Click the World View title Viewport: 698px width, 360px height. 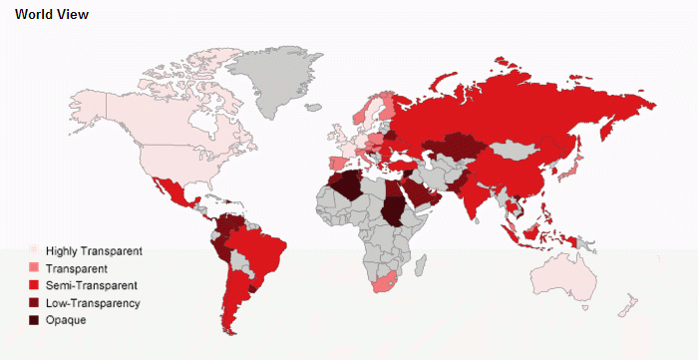(x=52, y=15)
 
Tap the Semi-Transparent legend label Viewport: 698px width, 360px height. (x=90, y=285)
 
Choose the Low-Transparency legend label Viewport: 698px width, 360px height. (x=93, y=302)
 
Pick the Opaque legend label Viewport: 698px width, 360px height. (x=67, y=320)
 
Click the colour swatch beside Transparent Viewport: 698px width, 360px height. (x=34, y=268)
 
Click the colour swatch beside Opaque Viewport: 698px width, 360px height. (x=34, y=320)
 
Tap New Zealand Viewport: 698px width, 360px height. (x=628, y=305)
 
